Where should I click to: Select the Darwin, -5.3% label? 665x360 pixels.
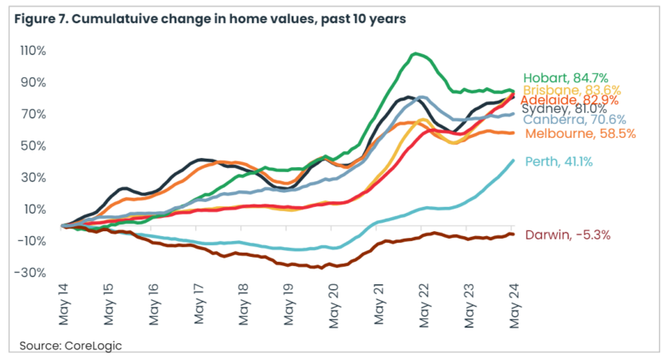tap(560, 234)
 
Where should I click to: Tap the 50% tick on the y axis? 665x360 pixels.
tap(34, 145)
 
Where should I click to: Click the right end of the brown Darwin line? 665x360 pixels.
tap(513, 234)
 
